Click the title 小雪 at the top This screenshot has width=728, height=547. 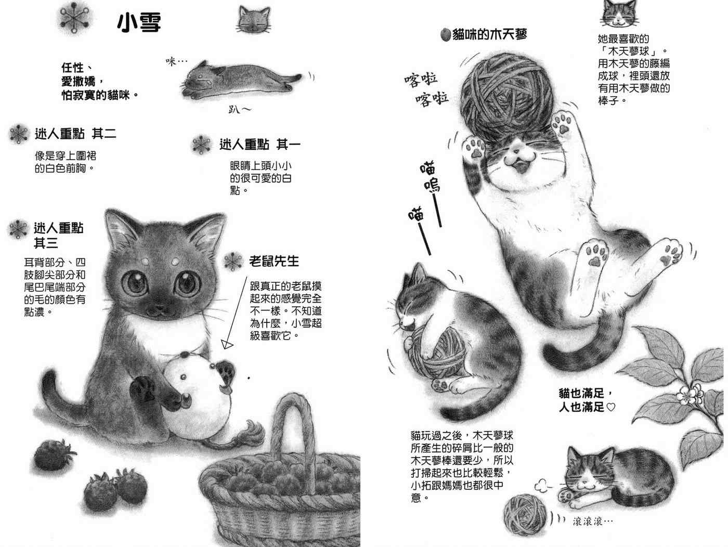coord(139,22)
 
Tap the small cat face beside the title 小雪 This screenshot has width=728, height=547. coord(254,20)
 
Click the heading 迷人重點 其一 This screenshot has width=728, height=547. coord(259,145)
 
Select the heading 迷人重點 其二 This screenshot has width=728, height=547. coord(75,134)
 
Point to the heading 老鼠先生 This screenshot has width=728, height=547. coord(274,261)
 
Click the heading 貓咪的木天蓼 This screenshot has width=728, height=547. coord(489,34)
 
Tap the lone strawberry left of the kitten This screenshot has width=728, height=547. coord(53,454)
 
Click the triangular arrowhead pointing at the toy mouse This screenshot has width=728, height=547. coord(227,345)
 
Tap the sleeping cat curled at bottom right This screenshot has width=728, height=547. coord(614,477)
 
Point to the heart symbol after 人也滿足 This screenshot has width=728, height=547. coord(610,407)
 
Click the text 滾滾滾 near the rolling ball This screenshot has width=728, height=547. coord(592,522)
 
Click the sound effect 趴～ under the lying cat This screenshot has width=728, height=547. coord(240,109)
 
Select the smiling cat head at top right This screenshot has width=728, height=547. coord(619,14)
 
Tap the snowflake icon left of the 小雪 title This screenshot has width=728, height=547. coord(75,18)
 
